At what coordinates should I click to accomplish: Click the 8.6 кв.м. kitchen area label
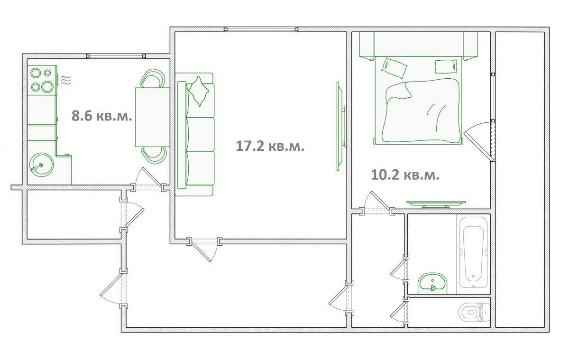coord(102,116)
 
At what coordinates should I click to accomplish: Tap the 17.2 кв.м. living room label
coord(270,146)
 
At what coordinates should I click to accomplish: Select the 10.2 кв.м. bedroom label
coord(405,175)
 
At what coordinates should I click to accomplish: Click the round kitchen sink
coord(41,165)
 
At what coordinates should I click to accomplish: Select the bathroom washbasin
coord(432,283)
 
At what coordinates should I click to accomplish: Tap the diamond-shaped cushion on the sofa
coord(199,91)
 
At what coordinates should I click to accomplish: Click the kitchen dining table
coord(152,117)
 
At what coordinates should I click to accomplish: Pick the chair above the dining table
coord(152,78)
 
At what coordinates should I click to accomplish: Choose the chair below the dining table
coord(154,155)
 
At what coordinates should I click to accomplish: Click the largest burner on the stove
coord(47,87)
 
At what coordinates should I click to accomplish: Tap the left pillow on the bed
coord(394,68)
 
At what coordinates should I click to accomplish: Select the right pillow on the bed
coord(446,66)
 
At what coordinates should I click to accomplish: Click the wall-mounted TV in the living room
coord(341,126)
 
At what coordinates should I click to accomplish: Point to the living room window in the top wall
coord(261,29)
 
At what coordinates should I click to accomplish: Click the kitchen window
coord(116,56)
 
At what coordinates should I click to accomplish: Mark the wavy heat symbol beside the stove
coord(66,80)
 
